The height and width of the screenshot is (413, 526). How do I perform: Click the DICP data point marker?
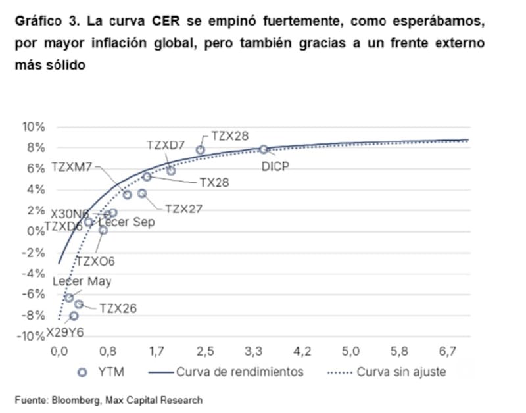pyautogui.click(x=264, y=149)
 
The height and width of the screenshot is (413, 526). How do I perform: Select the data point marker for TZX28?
pyautogui.click(x=201, y=150)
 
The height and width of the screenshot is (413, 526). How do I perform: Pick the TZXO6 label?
pyautogui.click(x=95, y=261)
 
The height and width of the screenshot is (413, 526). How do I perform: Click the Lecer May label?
pyautogui.click(x=82, y=281)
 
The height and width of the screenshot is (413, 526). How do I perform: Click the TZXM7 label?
pyautogui.click(x=72, y=167)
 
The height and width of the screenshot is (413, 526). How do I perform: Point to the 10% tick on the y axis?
pyautogui.click(x=34, y=127)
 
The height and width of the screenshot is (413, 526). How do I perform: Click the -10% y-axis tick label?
pyautogui.click(x=30, y=337)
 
